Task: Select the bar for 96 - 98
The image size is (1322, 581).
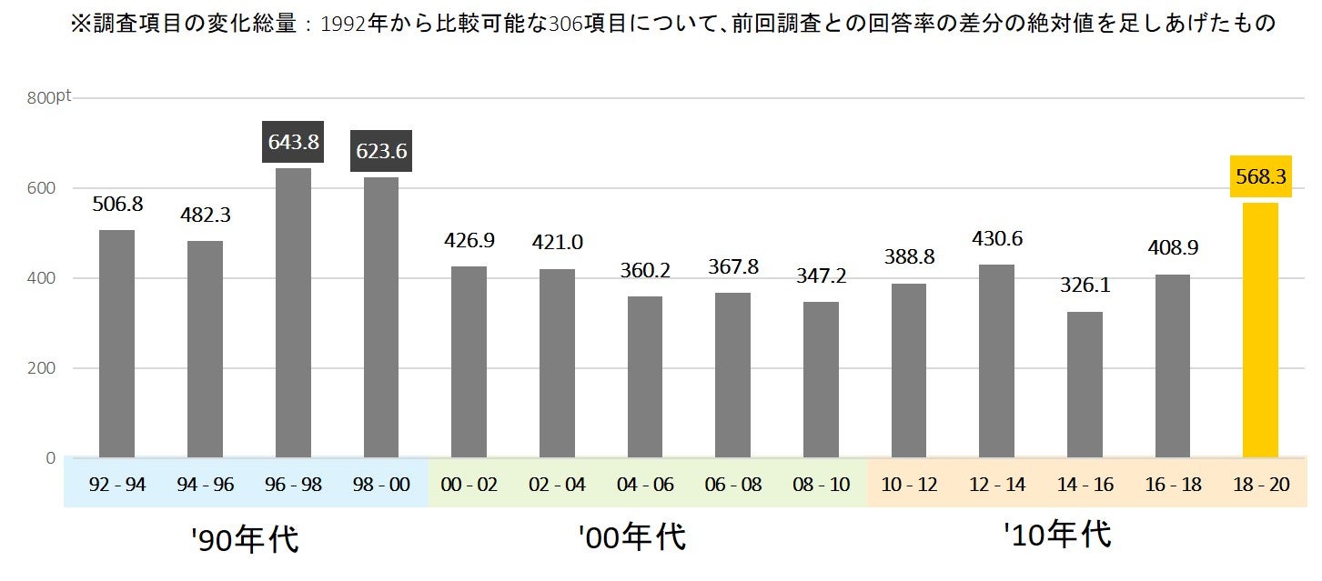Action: (x=293, y=313)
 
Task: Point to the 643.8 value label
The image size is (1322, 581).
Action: (x=293, y=142)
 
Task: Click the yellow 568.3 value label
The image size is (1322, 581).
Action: (x=1260, y=177)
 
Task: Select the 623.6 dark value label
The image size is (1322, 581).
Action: (x=381, y=151)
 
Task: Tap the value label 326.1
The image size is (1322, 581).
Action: (x=1085, y=285)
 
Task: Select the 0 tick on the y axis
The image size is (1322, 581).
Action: (x=51, y=457)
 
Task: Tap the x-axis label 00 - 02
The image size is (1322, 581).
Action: (x=469, y=485)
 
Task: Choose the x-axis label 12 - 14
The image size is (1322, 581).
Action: (x=996, y=485)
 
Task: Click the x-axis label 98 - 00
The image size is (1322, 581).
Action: (x=381, y=485)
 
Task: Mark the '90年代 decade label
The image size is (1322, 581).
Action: (x=246, y=539)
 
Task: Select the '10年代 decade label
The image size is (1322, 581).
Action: (x=1057, y=534)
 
